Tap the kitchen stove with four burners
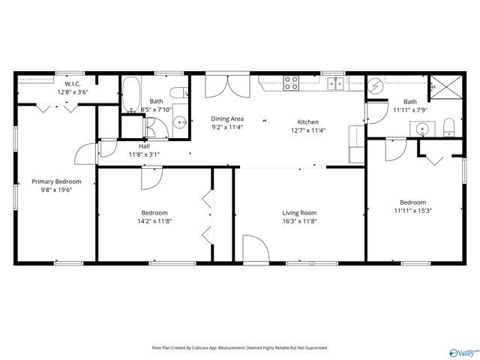tap(291, 82)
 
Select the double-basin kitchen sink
tap(334, 83)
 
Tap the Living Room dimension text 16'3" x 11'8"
tap(299, 221)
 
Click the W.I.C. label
tap(72, 83)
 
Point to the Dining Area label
tap(226, 118)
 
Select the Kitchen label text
tap(307, 121)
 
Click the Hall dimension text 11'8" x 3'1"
tap(144, 154)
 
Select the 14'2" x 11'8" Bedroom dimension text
tap(154, 221)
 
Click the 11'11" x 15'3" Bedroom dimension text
tap(412, 211)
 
